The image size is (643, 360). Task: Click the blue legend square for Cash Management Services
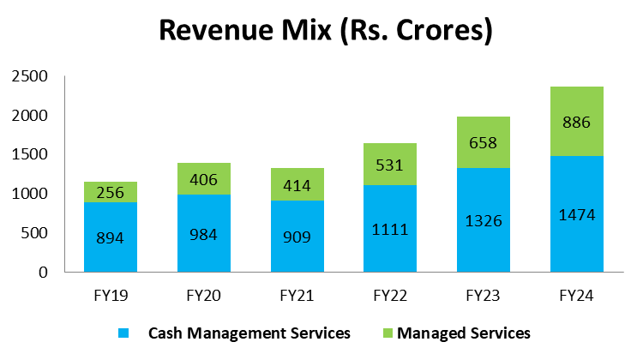(122, 332)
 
